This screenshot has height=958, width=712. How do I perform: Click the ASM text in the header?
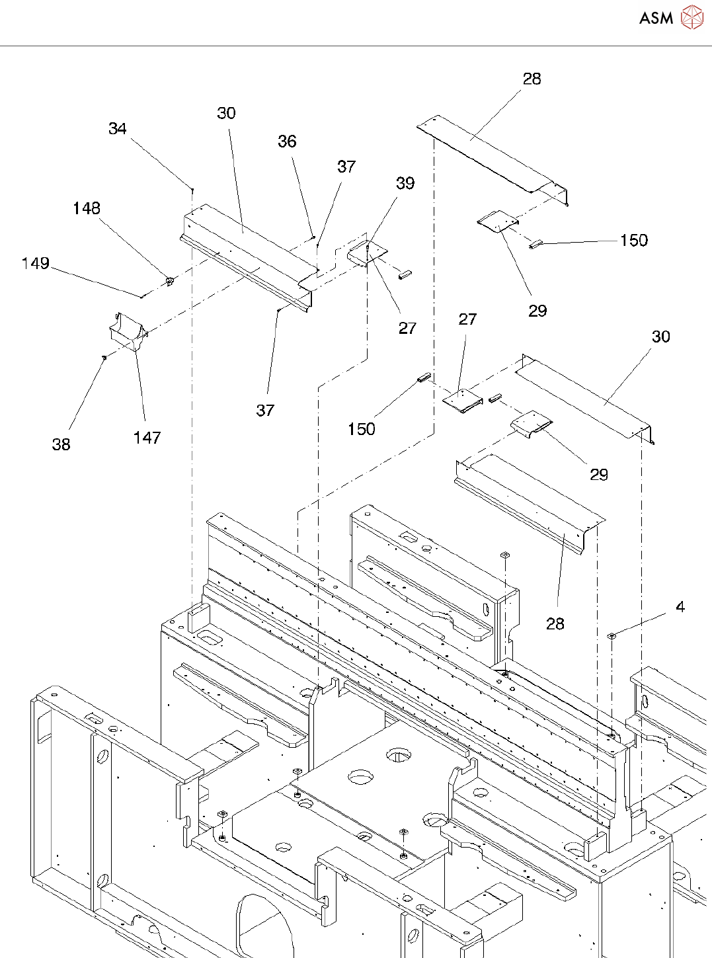[x=656, y=19]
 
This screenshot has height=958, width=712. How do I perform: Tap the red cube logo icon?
[x=692, y=17]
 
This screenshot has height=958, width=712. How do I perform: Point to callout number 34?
[x=118, y=129]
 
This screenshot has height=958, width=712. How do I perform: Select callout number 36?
[x=287, y=141]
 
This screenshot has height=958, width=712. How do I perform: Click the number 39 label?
[x=405, y=183]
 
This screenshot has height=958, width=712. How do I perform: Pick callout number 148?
[x=87, y=209]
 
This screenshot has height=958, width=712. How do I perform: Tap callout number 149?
[x=36, y=263]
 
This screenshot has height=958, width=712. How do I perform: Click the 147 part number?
[x=147, y=438]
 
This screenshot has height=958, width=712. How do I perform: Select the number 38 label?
[x=61, y=444]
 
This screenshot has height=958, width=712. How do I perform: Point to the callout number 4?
[x=680, y=607]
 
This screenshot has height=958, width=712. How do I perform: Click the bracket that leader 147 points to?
[x=128, y=330]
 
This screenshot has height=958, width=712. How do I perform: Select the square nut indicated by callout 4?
[x=612, y=636]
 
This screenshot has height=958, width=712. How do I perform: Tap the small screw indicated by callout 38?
[x=104, y=358]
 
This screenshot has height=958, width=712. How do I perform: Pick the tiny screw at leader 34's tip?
[x=192, y=190]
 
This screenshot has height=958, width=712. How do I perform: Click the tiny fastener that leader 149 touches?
[x=141, y=296]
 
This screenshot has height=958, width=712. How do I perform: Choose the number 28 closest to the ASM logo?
[x=532, y=79]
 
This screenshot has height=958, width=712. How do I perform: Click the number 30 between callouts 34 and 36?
[x=226, y=113]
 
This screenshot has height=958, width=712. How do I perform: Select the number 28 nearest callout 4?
[x=555, y=623]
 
